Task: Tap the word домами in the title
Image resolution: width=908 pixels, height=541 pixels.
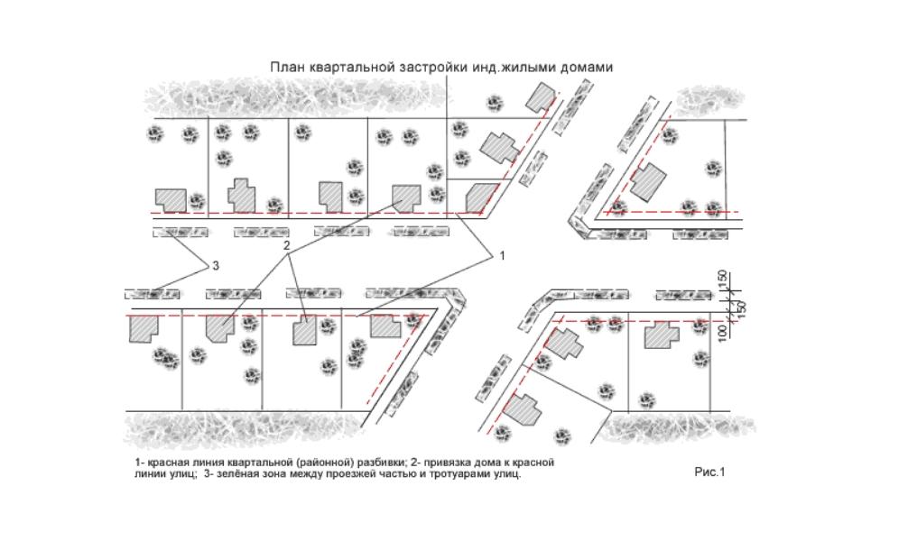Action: pyautogui.click(x=587, y=68)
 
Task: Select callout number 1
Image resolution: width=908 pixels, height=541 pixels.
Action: pyautogui.click(x=502, y=256)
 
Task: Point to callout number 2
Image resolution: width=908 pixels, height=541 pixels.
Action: pyautogui.click(x=287, y=245)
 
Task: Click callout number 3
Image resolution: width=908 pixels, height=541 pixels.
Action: pyautogui.click(x=215, y=266)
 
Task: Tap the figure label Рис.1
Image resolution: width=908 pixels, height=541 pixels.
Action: pyautogui.click(x=710, y=471)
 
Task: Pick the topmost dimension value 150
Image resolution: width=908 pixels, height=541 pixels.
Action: pyautogui.click(x=724, y=281)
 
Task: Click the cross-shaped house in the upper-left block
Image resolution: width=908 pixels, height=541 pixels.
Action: pyautogui.click(x=240, y=195)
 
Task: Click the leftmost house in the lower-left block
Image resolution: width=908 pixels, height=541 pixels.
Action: pyautogui.click(x=141, y=327)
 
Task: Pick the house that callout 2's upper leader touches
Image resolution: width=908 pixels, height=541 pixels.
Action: pyautogui.click(x=405, y=196)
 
